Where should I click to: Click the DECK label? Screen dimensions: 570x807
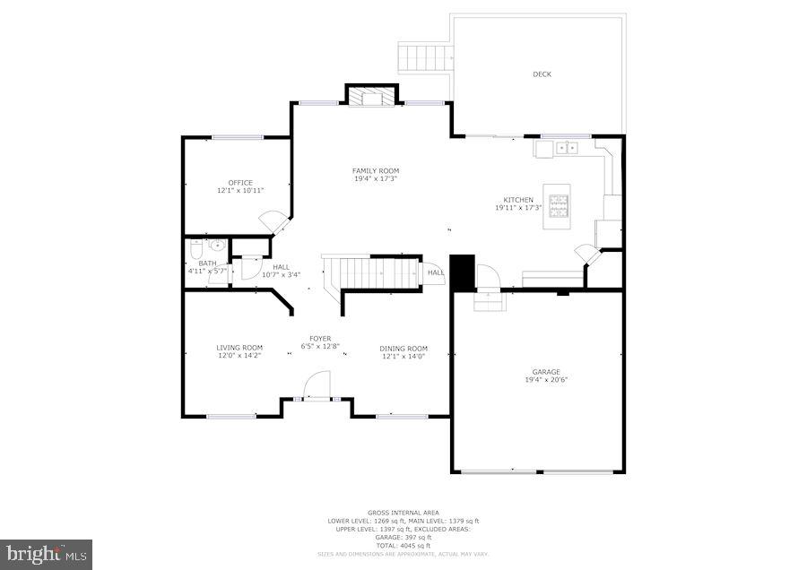point(542,74)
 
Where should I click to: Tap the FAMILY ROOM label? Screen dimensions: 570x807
point(376,170)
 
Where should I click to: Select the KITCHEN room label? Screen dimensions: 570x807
point(518,200)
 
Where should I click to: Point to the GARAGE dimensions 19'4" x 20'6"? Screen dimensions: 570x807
point(546,379)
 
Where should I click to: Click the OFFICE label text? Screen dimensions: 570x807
point(240,183)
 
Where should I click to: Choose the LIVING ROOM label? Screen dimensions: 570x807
point(239,348)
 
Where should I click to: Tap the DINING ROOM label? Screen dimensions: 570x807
point(403,348)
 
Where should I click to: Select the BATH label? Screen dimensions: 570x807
point(207,263)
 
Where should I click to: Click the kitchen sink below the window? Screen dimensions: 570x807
point(566,148)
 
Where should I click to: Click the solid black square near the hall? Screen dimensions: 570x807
point(461,273)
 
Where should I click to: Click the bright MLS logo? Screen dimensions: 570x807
point(47,554)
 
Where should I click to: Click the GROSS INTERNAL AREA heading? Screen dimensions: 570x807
point(403,513)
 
